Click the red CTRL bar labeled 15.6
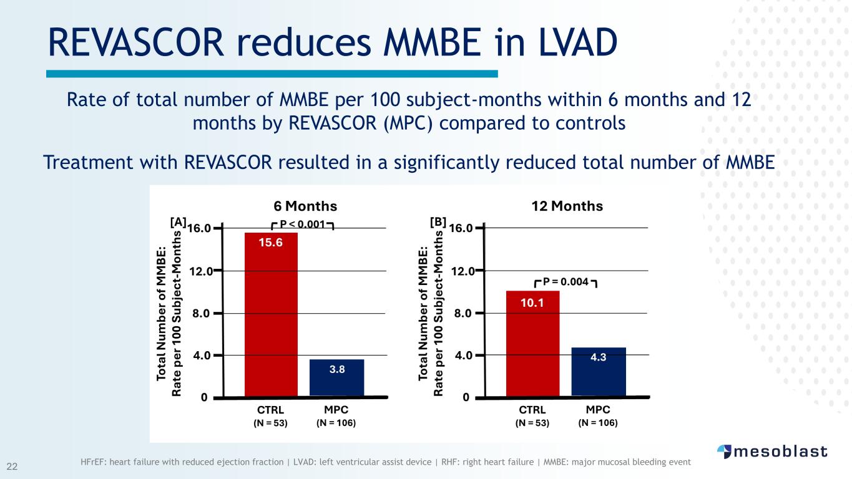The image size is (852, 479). click(x=271, y=314)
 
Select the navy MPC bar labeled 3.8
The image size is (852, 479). click(x=336, y=377)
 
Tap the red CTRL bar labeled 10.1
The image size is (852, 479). click(x=532, y=344)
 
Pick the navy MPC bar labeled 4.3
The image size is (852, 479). click(x=599, y=372)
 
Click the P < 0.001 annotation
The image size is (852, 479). click(x=302, y=225)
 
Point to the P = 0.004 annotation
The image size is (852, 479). click(x=566, y=282)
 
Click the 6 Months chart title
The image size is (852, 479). click(x=305, y=206)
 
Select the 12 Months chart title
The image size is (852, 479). click(x=567, y=206)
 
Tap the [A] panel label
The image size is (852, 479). click(x=178, y=222)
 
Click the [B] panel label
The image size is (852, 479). click(x=438, y=222)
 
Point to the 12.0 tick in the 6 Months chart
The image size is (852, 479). click(x=201, y=271)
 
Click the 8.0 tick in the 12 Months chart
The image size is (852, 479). click(x=463, y=314)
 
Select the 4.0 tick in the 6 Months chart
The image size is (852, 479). click(x=202, y=356)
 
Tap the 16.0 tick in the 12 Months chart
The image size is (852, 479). click(x=461, y=228)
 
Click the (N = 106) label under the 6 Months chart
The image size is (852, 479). click(x=336, y=423)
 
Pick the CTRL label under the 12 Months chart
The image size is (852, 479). click(x=532, y=410)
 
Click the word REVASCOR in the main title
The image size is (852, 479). click(x=136, y=42)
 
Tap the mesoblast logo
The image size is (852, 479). click(x=772, y=452)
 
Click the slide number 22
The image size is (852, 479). click(x=12, y=467)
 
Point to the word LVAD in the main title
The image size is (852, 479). click(x=578, y=42)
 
